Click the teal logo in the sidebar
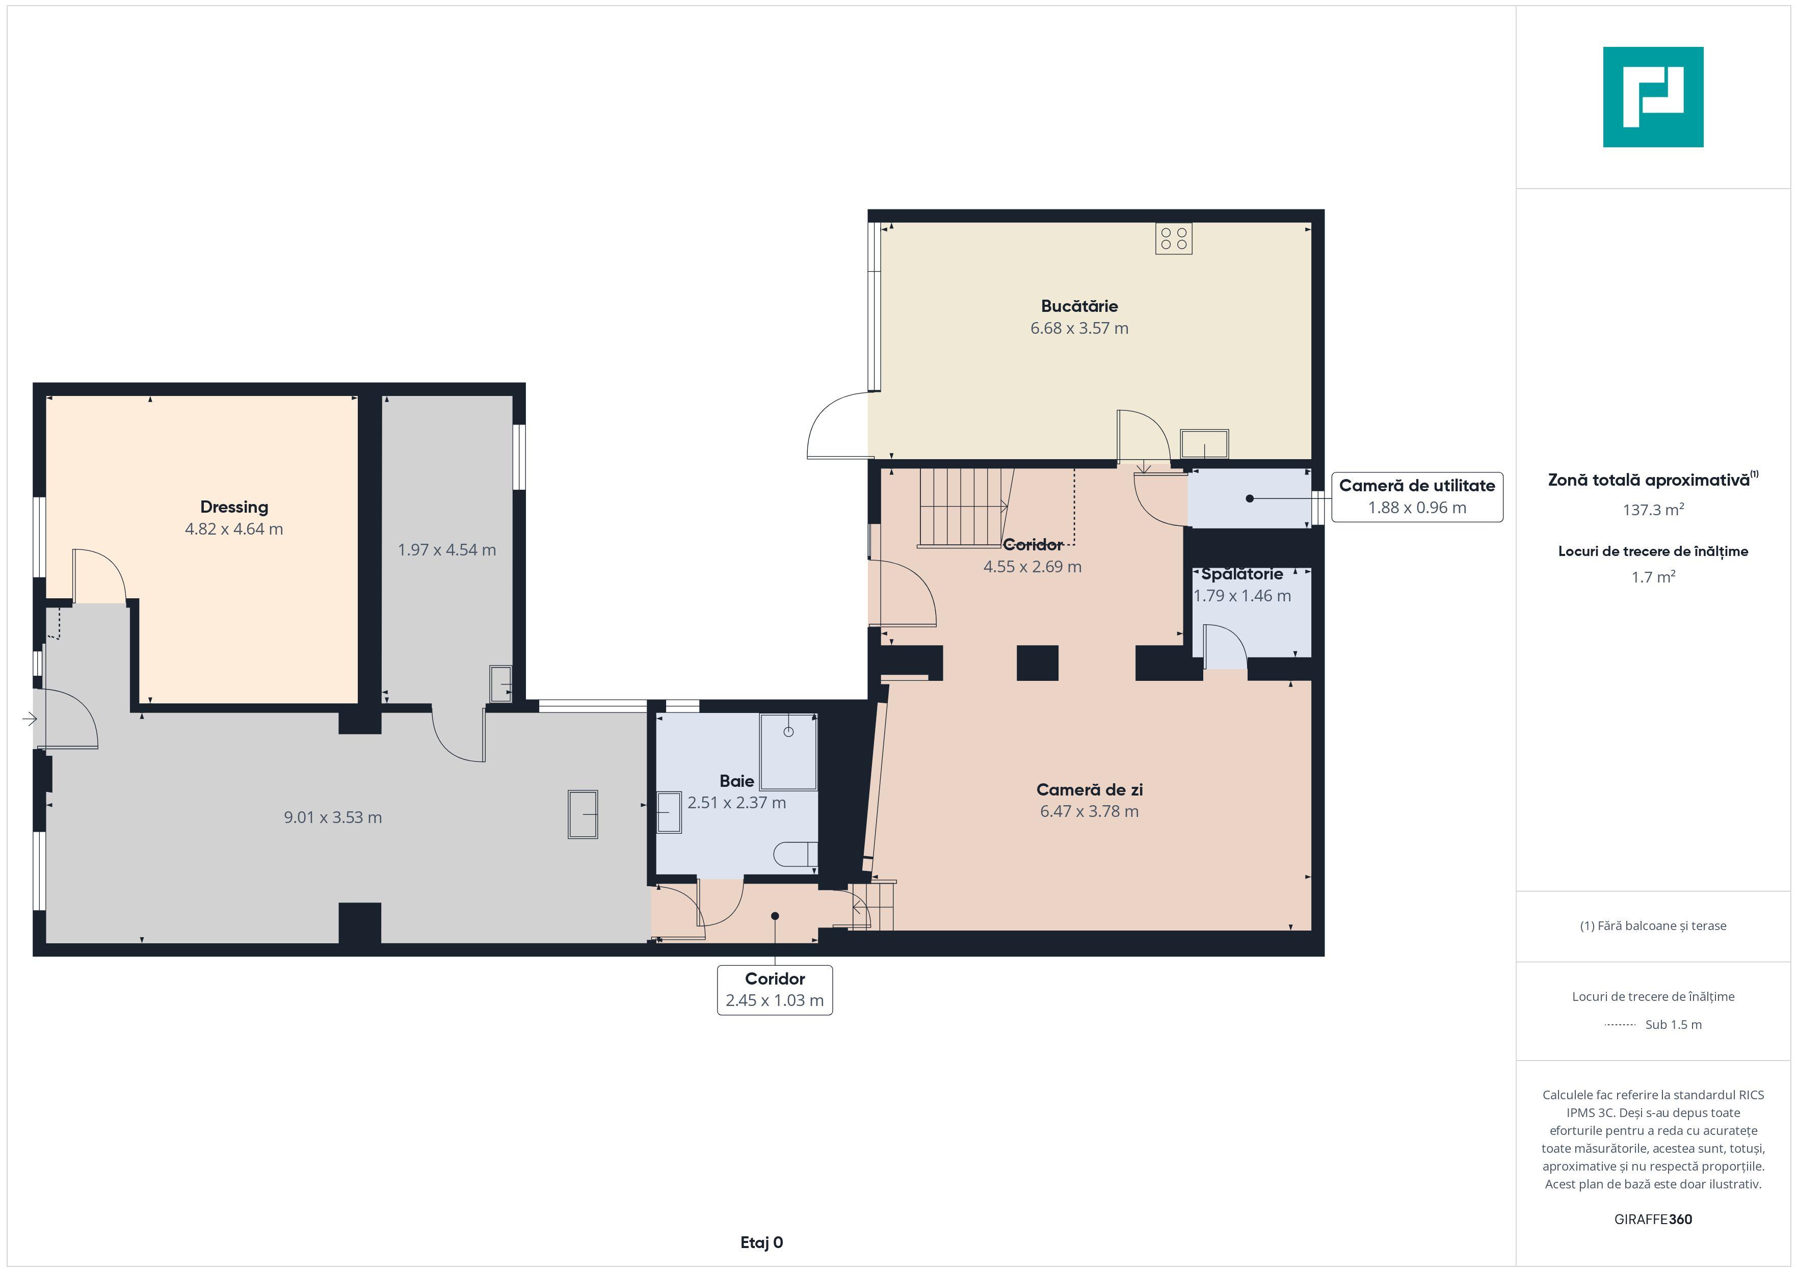click(1653, 97)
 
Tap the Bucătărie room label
click(1079, 306)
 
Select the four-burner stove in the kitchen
click(1174, 239)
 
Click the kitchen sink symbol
click(1204, 444)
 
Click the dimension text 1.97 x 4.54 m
click(446, 550)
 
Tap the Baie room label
click(737, 781)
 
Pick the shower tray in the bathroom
click(788, 752)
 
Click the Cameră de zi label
click(1089, 789)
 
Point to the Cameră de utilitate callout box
click(1417, 496)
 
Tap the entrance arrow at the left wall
click(30, 718)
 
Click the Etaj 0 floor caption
click(761, 1242)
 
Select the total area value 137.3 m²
click(1653, 510)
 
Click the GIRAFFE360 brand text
click(1653, 1220)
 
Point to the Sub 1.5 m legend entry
click(1653, 1024)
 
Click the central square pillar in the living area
click(1038, 662)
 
